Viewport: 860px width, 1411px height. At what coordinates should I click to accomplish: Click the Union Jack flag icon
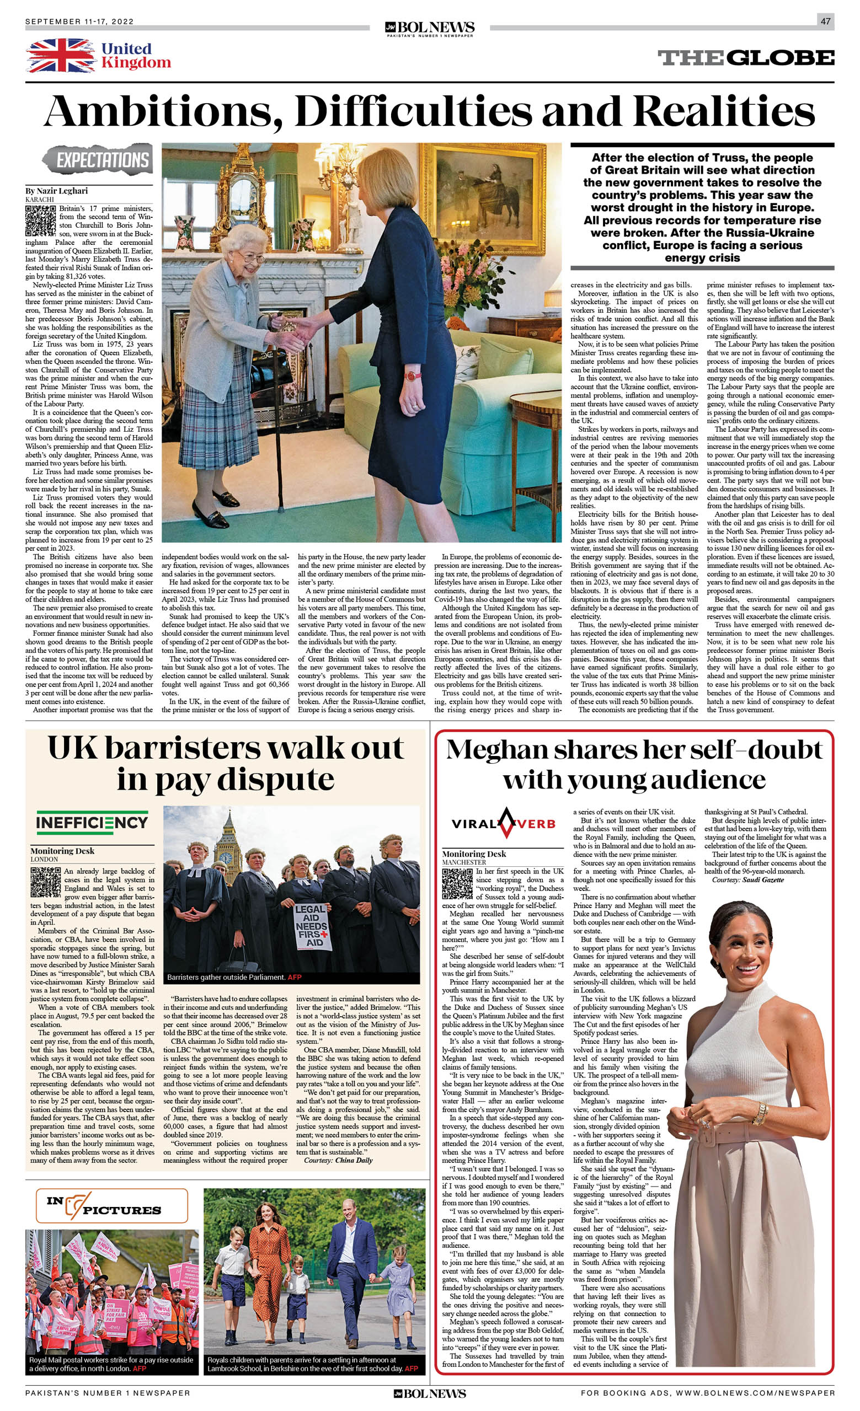coord(61,56)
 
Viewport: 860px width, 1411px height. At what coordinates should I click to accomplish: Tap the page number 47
coord(825,21)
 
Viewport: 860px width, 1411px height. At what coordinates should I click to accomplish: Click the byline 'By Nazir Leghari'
coord(56,191)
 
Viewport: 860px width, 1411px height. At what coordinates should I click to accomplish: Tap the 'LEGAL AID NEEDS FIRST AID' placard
coord(311,925)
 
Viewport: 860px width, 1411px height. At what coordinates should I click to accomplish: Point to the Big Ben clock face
coord(225,857)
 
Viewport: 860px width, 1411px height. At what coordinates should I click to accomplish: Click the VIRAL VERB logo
coord(504,823)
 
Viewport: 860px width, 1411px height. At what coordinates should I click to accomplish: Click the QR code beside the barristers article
coord(45,882)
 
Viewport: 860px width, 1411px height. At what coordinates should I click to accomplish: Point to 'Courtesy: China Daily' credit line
coord(338,1160)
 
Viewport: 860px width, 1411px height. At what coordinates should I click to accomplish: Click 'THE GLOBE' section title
coord(745,58)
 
